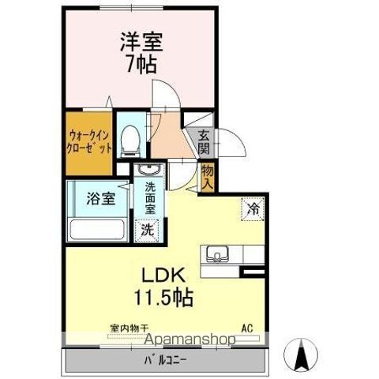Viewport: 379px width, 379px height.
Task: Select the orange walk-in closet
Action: [x=88, y=142]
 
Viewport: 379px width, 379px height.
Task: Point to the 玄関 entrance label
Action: [x=204, y=141]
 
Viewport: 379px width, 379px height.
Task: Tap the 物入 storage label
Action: [x=207, y=175]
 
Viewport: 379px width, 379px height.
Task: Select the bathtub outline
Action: [x=97, y=230]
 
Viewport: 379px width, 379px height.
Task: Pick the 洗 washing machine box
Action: [x=147, y=230]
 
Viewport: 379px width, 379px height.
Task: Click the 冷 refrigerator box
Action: [x=253, y=209]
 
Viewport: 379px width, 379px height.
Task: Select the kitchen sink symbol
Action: [x=216, y=254]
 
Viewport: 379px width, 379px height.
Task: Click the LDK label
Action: [x=163, y=277]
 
